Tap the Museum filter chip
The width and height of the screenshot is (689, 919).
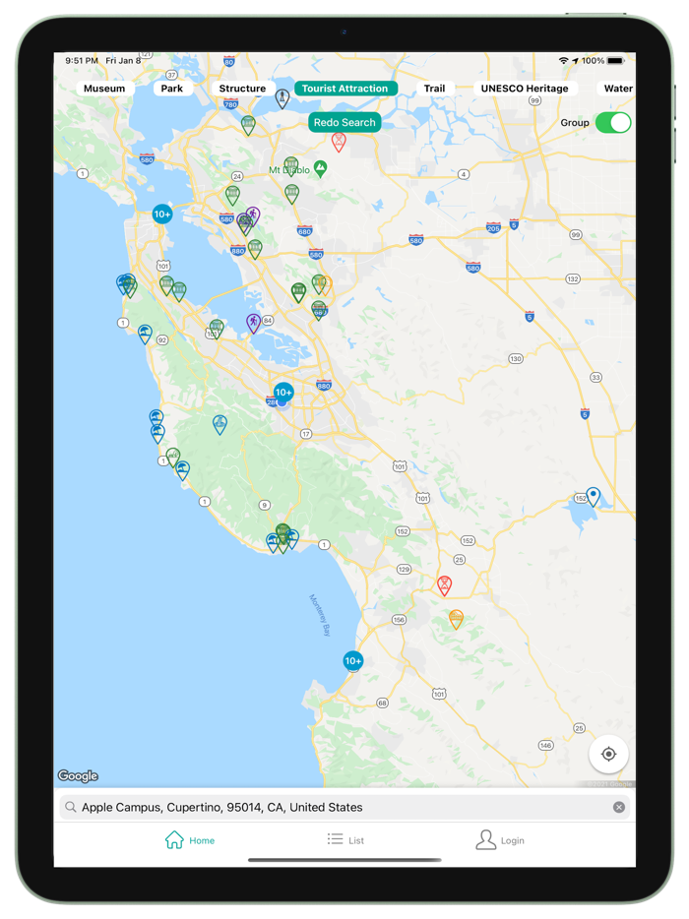[x=104, y=89]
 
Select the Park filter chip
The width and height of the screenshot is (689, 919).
[x=172, y=89]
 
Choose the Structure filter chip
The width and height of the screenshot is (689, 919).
[x=242, y=89]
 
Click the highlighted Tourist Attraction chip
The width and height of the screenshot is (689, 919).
[x=344, y=89]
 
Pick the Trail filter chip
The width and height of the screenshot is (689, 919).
[x=434, y=89]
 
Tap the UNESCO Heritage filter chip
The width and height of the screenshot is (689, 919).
[x=525, y=89]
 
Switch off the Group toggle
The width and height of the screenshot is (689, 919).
[x=612, y=123]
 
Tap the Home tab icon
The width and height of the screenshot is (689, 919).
[x=175, y=840]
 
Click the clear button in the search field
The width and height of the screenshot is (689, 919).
[x=619, y=808]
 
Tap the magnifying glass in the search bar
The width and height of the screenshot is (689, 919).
[x=71, y=808]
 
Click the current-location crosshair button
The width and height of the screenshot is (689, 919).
[x=608, y=755]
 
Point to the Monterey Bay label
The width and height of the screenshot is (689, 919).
[x=322, y=616]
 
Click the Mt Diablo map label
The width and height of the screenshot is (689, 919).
[x=289, y=170]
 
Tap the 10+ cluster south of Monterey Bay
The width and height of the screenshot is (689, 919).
[x=353, y=661]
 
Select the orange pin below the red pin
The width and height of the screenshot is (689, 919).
[x=456, y=619]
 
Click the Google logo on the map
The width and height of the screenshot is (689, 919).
[x=78, y=776]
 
